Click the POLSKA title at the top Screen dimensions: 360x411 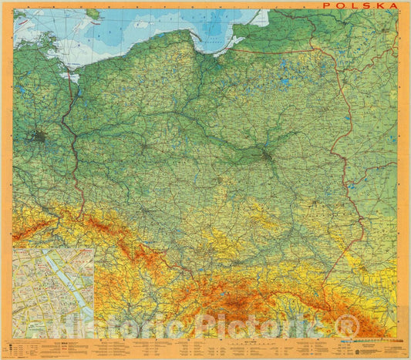360,5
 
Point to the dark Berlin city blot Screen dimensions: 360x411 39,138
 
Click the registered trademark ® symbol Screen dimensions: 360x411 348,327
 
